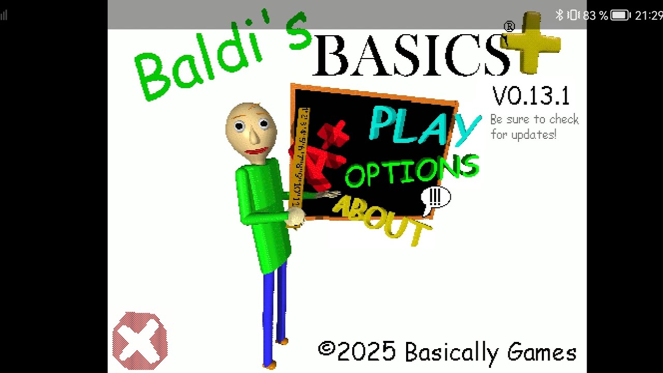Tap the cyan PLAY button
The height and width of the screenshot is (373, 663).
point(422,125)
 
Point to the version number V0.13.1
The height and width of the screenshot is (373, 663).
point(531,96)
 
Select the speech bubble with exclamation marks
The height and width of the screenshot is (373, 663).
point(435,198)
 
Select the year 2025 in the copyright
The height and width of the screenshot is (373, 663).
point(367,352)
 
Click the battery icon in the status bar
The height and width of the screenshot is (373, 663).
point(620,16)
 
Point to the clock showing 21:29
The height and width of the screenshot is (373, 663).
point(648,16)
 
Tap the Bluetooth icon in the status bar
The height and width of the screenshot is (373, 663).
point(559,16)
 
